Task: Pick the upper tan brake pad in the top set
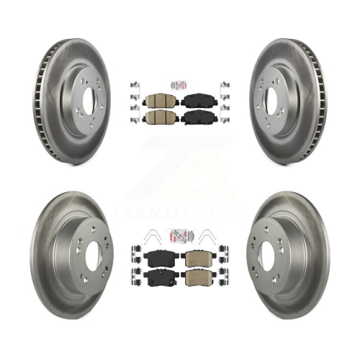point(155,100)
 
